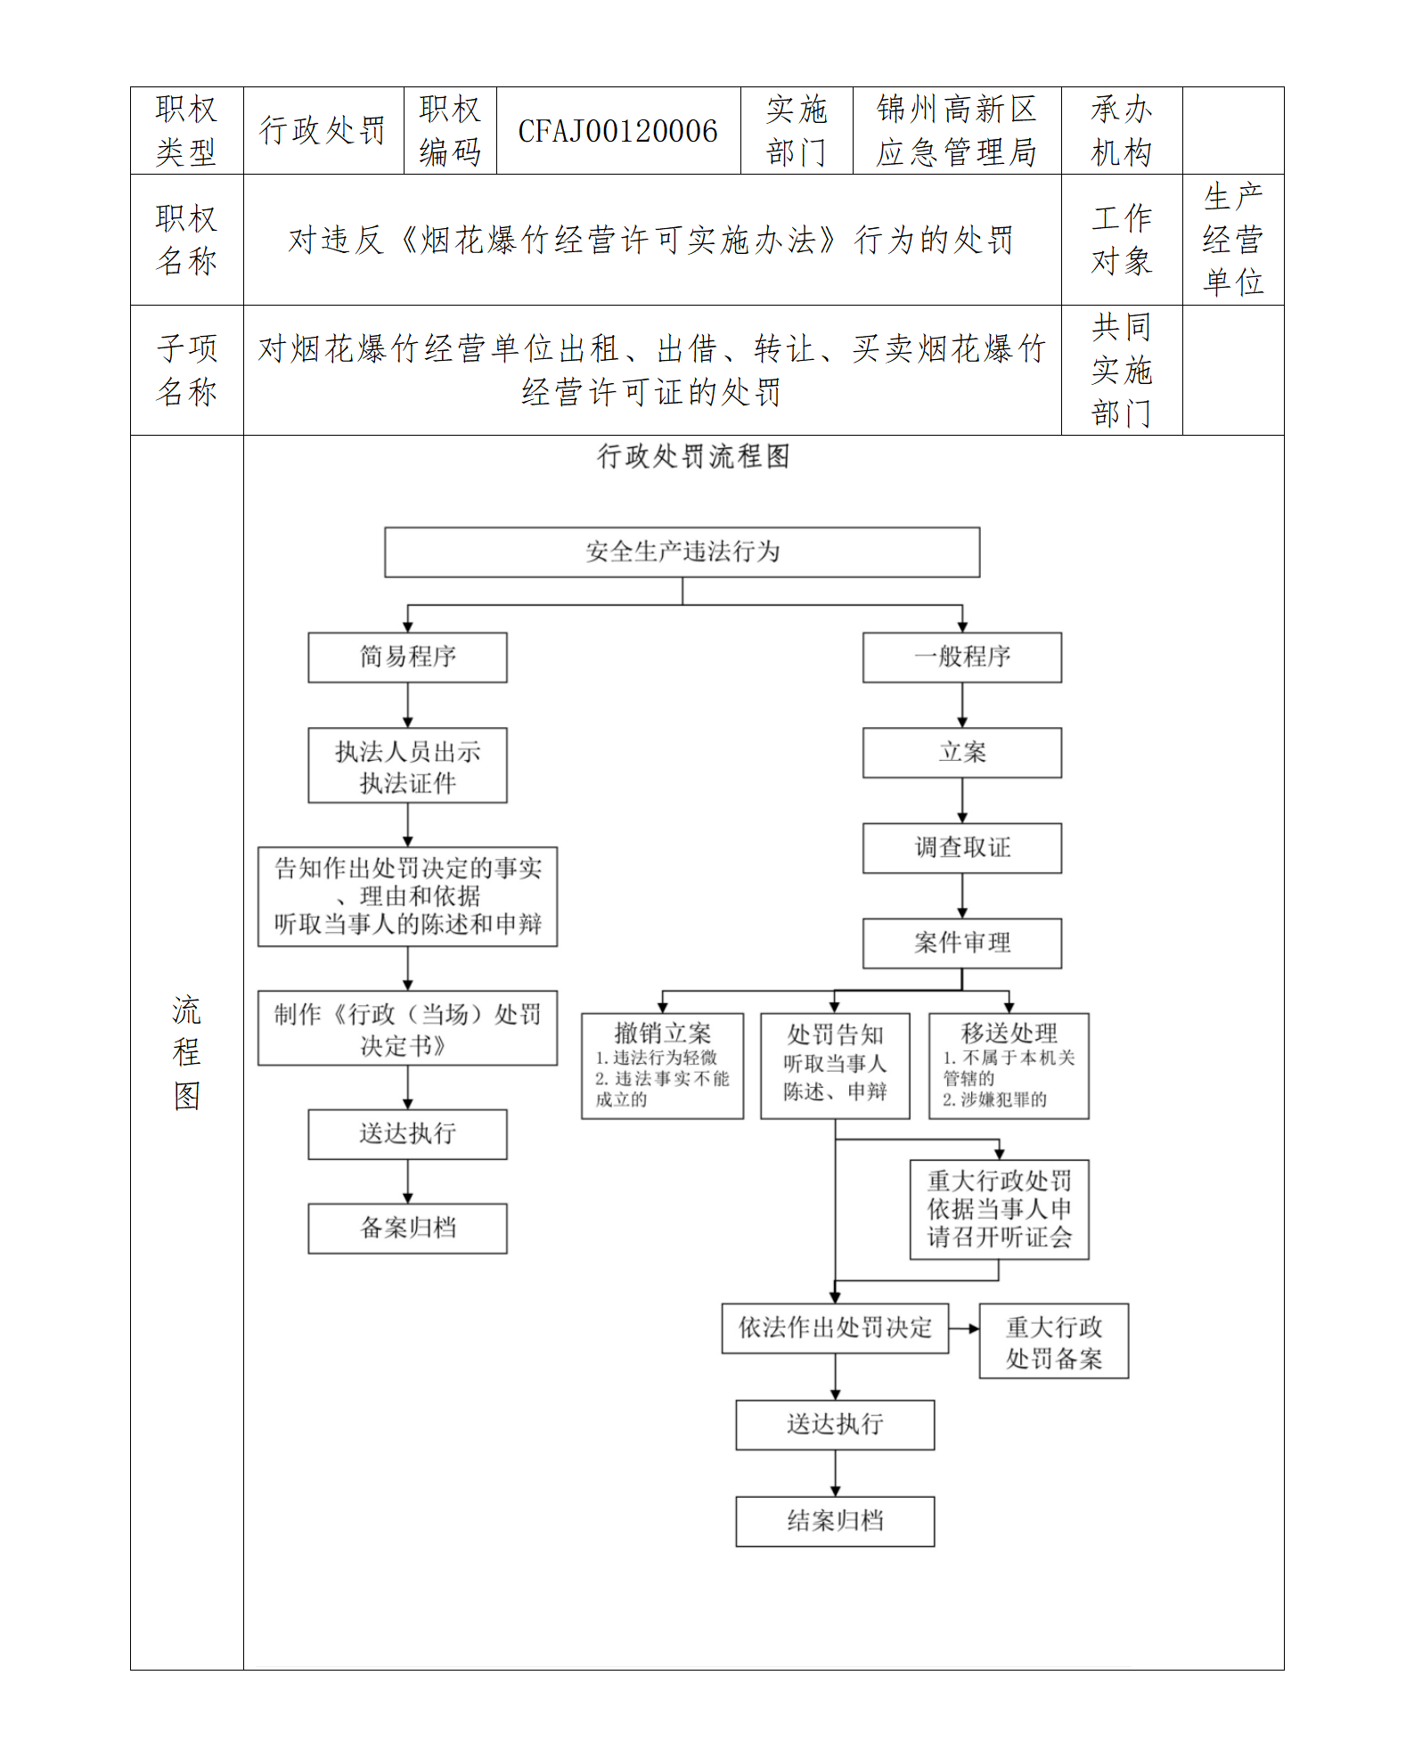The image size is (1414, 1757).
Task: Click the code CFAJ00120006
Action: (617, 131)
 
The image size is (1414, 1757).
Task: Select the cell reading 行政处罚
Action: (323, 131)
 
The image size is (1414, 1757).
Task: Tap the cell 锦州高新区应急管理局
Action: (956, 131)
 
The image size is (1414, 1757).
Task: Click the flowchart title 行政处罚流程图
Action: (693, 456)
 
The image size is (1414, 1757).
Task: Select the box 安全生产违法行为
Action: (682, 552)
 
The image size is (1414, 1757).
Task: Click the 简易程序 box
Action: (407, 658)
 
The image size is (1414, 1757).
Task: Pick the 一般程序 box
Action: (961, 658)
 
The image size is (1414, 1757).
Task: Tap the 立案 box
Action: (961, 753)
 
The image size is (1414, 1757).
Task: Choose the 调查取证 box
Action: (961, 848)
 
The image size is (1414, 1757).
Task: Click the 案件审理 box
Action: (961, 943)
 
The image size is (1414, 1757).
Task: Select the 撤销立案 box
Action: (662, 1066)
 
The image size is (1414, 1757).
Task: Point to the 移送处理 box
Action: (1009, 1066)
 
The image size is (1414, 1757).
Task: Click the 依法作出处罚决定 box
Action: (835, 1328)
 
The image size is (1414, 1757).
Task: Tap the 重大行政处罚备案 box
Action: (1053, 1342)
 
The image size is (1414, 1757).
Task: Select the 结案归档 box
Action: (835, 1521)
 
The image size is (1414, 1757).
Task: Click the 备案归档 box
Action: (407, 1229)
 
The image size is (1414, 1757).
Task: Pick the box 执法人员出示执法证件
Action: (407, 766)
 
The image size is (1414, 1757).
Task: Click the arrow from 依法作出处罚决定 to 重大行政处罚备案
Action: (964, 1328)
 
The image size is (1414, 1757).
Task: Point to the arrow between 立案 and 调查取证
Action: (962, 800)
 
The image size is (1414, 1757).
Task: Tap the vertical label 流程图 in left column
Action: (186, 1052)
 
